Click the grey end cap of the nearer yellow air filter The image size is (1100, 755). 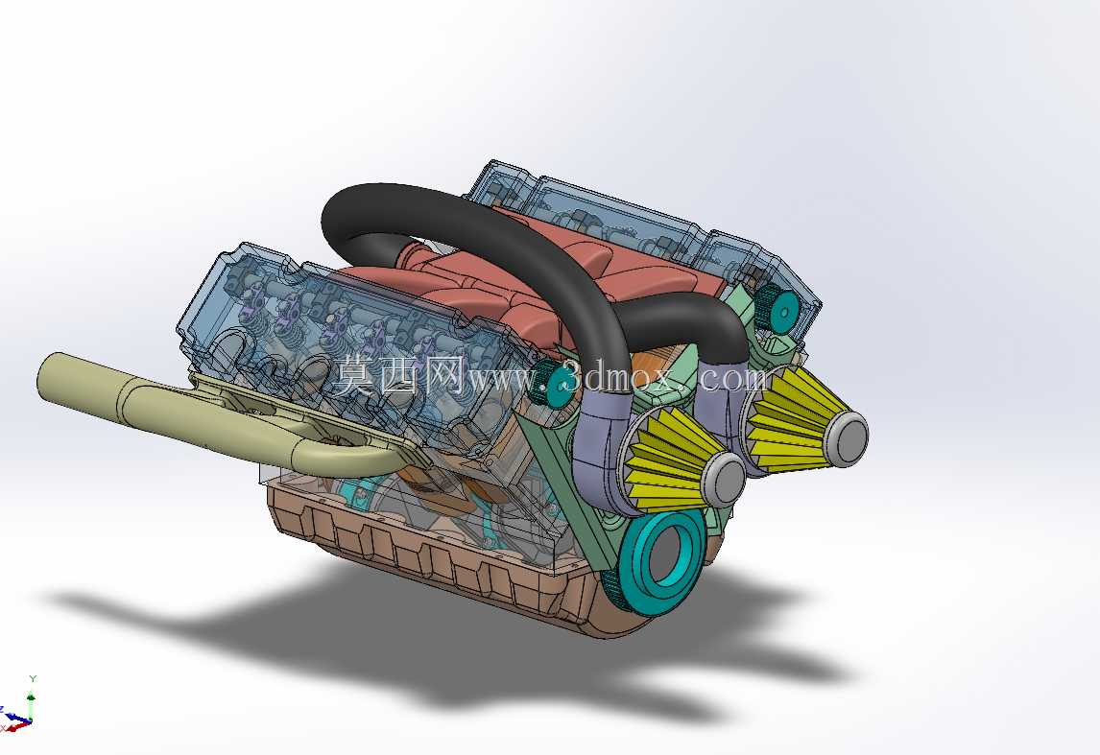click(725, 478)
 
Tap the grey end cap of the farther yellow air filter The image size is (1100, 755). click(849, 438)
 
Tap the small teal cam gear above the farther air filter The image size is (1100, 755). click(780, 309)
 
